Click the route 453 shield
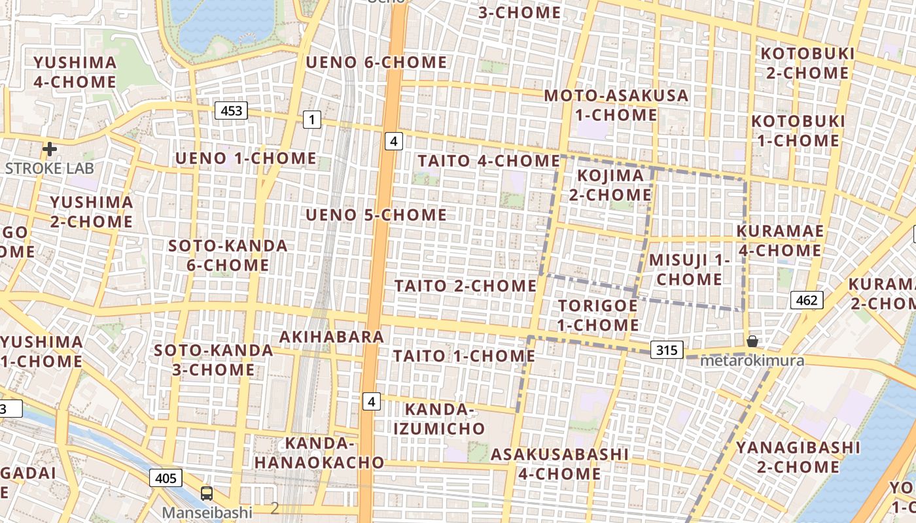click(x=232, y=110)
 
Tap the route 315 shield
click(x=667, y=350)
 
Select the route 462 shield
click(x=807, y=300)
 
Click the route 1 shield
click(x=312, y=119)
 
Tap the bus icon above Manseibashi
click(x=207, y=494)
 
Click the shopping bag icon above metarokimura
click(x=752, y=341)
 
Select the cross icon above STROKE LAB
click(x=49, y=149)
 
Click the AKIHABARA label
click(x=331, y=337)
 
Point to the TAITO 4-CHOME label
click(x=489, y=160)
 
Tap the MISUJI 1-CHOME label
click(x=689, y=269)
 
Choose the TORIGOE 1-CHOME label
click(x=597, y=315)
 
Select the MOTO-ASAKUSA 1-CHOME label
click(x=616, y=105)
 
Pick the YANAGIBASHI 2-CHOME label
click(x=798, y=457)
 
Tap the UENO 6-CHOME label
click(x=376, y=63)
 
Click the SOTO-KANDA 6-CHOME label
click(x=219, y=256)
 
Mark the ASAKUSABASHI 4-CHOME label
click(x=559, y=464)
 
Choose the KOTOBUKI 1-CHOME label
click(x=798, y=131)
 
